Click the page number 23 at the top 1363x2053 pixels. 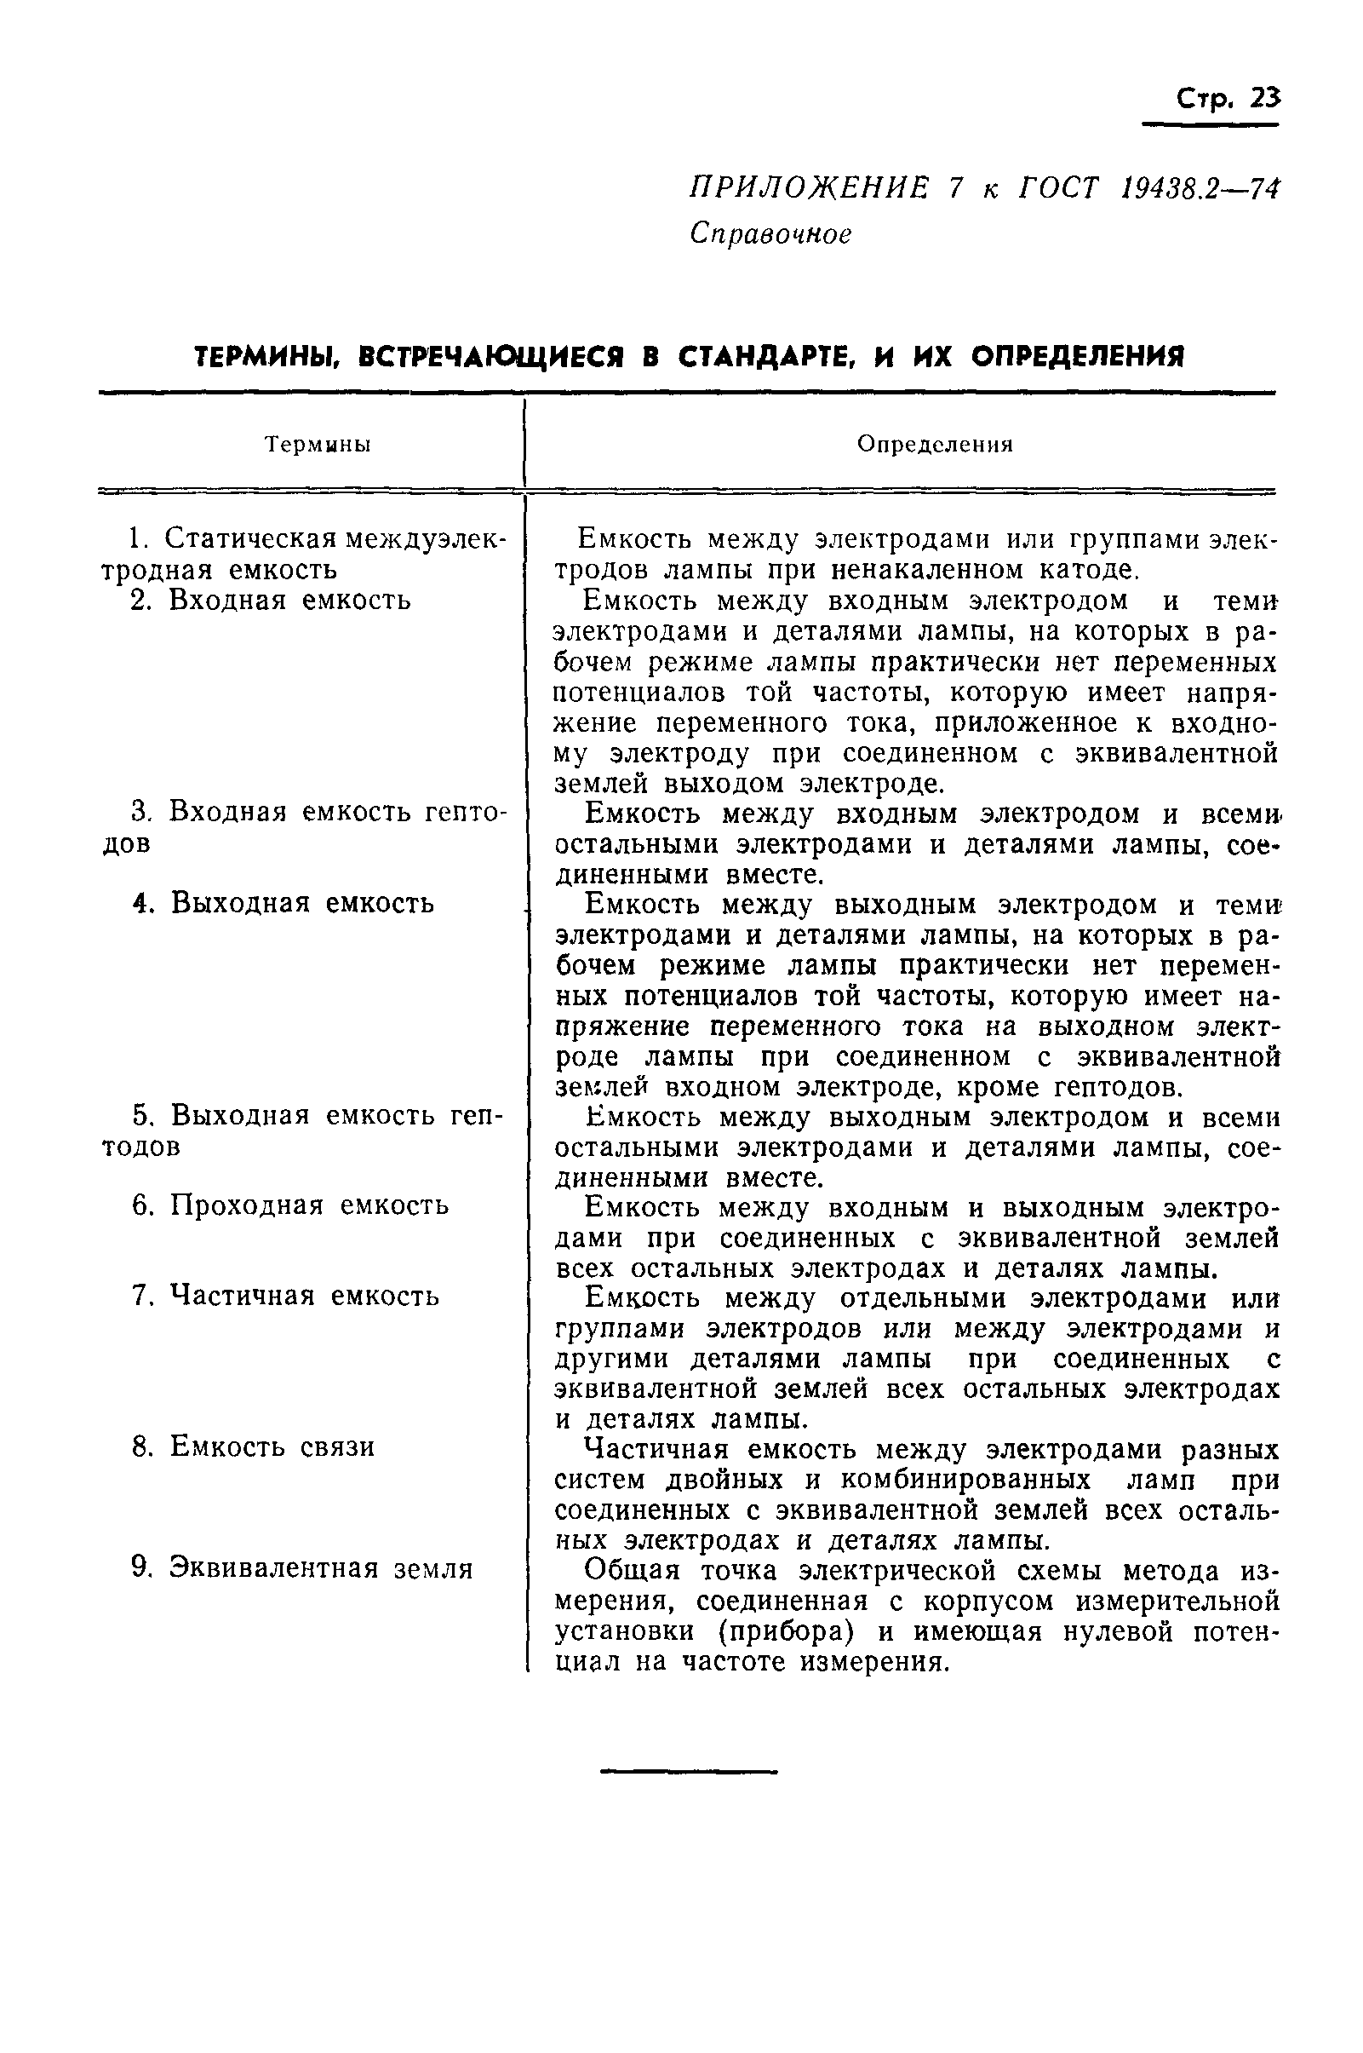point(1265,98)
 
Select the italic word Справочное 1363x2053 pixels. point(770,234)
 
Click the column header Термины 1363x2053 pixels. point(318,445)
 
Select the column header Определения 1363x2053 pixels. point(935,445)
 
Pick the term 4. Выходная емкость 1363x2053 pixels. point(283,903)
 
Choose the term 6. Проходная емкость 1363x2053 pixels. point(290,1205)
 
